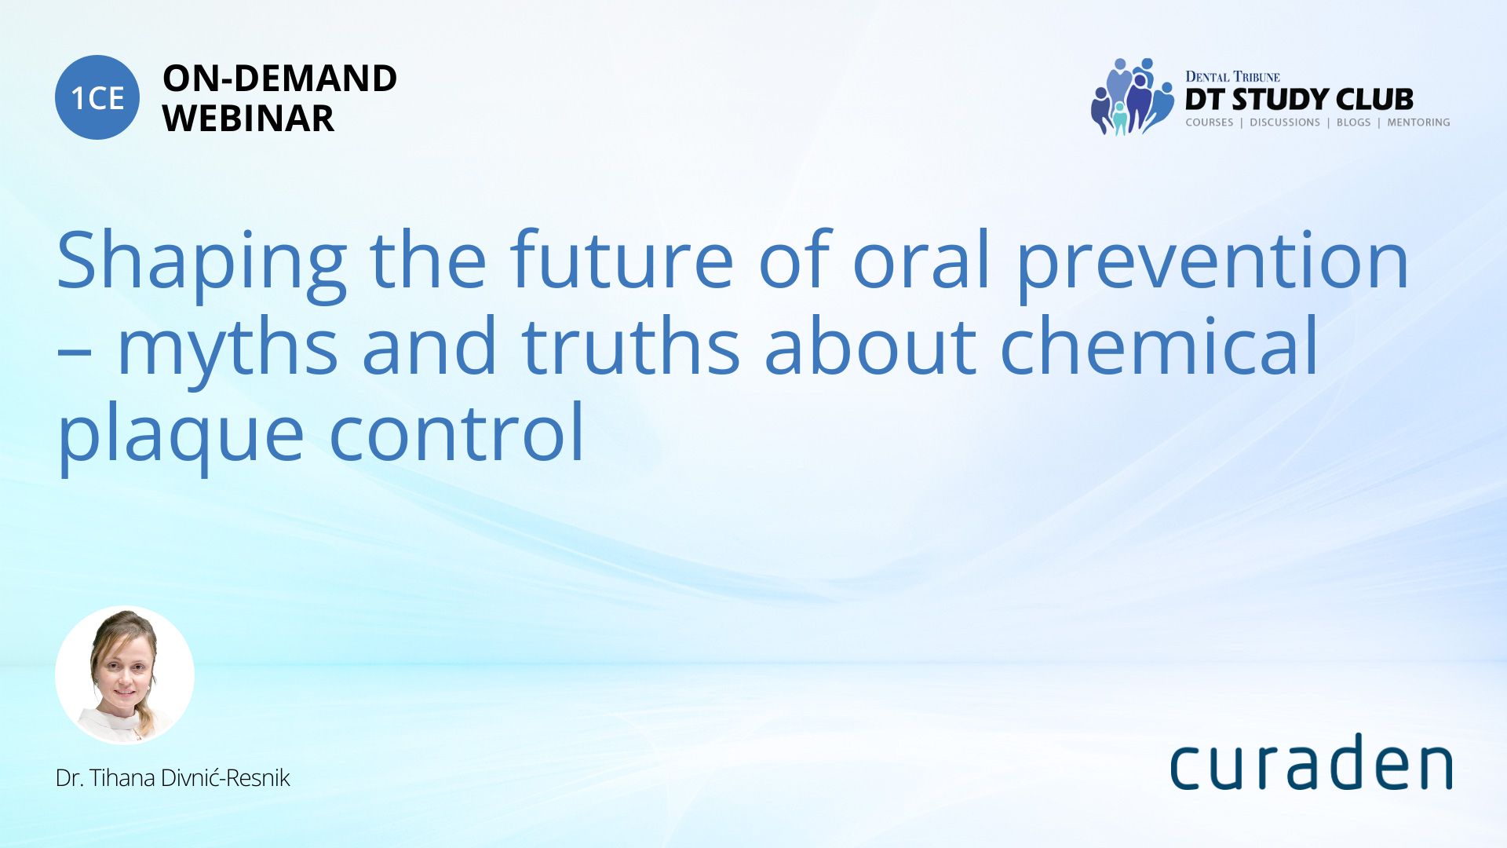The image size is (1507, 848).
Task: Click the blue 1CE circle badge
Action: pos(97,97)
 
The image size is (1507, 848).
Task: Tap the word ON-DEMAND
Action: pos(279,79)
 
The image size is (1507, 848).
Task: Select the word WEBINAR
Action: pos(248,119)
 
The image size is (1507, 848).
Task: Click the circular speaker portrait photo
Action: pos(125,675)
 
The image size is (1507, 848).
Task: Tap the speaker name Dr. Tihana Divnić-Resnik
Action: pos(173,778)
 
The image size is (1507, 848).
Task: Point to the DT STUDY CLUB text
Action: pos(1299,100)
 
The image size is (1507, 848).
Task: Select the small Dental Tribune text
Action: pos(1232,76)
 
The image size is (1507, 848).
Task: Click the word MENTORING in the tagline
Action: pos(1418,122)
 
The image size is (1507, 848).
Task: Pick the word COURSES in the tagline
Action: pos(1209,122)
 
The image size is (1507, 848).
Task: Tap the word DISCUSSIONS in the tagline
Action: pos(1285,122)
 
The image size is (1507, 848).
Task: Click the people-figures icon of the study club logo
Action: pos(1132,97)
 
